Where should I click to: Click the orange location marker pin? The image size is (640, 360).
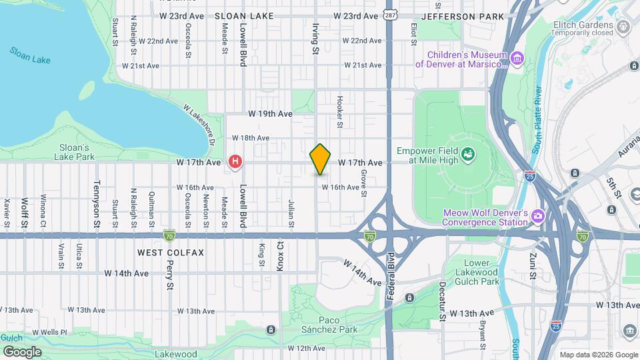(320, 159)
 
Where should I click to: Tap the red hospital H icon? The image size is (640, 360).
(235, 161)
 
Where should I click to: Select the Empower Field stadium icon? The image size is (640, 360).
(469, 155)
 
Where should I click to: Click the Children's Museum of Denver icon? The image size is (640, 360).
(517, 59)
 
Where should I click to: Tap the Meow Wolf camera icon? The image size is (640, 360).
(537, 217)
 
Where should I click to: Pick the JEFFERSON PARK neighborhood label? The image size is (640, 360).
(458, 15)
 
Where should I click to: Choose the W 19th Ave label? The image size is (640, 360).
(270, 114)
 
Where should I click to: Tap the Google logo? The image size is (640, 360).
(22, 351)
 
